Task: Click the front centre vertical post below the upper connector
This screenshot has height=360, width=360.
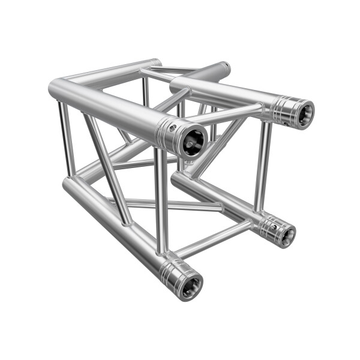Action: [x=161, y=198]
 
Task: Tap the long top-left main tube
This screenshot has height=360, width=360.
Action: [x=108, y=108]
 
